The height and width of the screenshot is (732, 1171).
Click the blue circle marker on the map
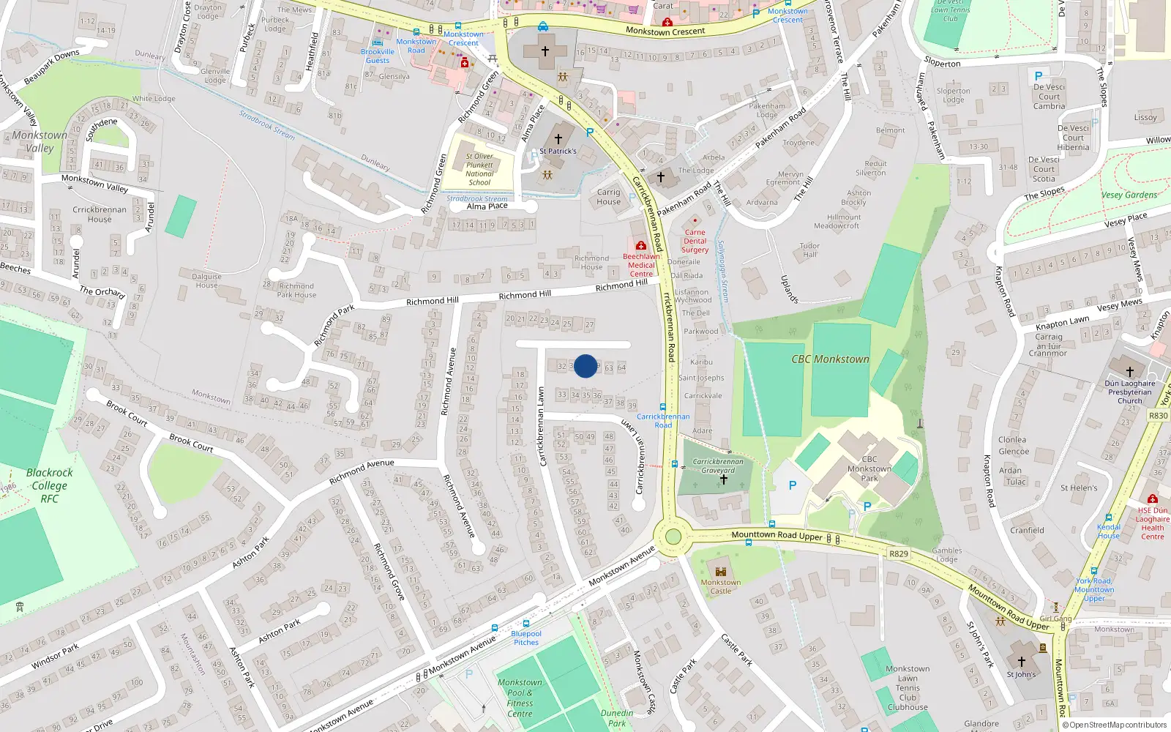(585, 366)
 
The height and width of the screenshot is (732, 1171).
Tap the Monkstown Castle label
(720, 586)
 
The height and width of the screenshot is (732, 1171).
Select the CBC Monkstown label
(830, 359)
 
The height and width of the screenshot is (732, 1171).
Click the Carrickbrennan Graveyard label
(717, 466)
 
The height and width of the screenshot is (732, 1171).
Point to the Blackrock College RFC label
(49, 485)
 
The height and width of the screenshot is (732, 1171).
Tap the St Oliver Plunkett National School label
(479, 169)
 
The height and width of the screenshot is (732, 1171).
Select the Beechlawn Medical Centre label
(641, 265)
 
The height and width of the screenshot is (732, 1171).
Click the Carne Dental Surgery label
(695, 241)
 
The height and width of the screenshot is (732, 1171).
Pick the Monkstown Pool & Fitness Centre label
(520, 698)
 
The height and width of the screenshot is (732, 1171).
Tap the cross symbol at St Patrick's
(558, 138)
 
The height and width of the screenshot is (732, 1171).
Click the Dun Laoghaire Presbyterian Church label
(1130, 392)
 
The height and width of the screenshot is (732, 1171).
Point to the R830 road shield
(1158, 415)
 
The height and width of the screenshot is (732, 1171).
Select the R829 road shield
(899, 554)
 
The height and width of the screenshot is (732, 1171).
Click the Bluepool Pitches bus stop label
(526, 638)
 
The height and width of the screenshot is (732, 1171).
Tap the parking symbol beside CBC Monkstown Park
(792, 485)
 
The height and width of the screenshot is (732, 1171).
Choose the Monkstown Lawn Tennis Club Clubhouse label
(908, 688)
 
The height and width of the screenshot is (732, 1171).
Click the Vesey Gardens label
(1129, 195)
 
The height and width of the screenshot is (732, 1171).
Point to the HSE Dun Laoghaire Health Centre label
(1152, 523)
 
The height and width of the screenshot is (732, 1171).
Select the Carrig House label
(608, 197)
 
